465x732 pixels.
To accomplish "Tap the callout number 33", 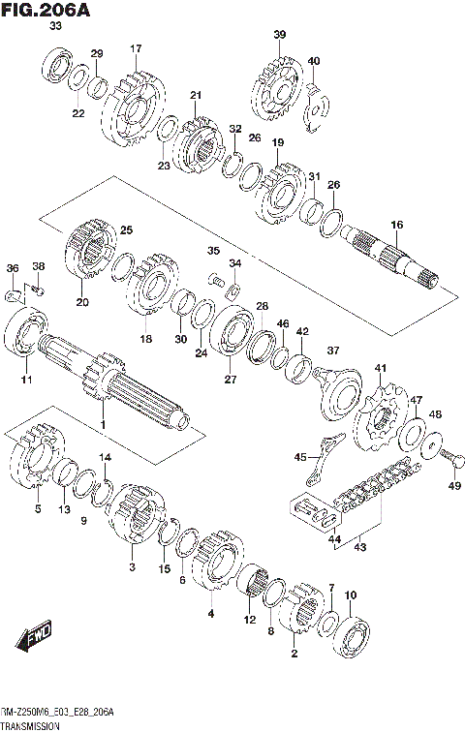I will coord(55,28).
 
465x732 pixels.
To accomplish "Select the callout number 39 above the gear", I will coord(279,36).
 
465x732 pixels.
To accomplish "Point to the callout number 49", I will coord(454,487).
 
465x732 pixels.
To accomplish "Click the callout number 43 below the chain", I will coord(360,546).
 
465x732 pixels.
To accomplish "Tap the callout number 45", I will coord(301,457).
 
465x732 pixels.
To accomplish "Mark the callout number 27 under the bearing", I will coord(231,381).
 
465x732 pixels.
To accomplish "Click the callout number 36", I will coord(12,267).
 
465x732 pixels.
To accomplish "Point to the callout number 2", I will coord(294,655).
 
